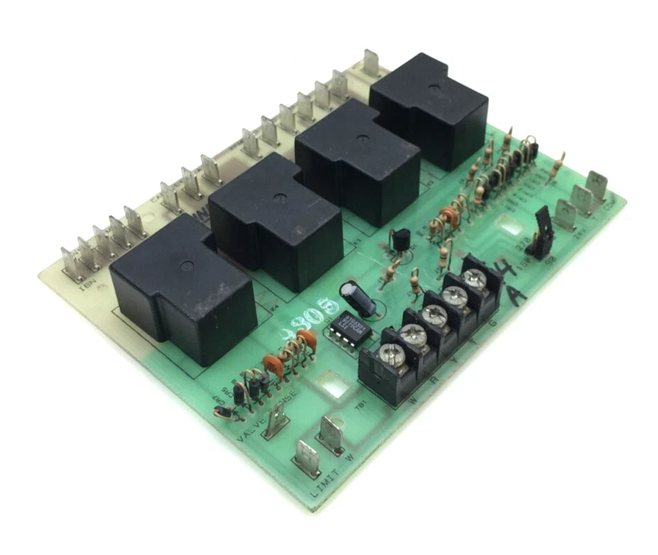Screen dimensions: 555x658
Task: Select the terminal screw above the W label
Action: [x=390, y=357]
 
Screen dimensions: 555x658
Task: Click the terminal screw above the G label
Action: [x=475, y=277]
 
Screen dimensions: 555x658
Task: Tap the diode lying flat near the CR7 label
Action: [x=224, y=413]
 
